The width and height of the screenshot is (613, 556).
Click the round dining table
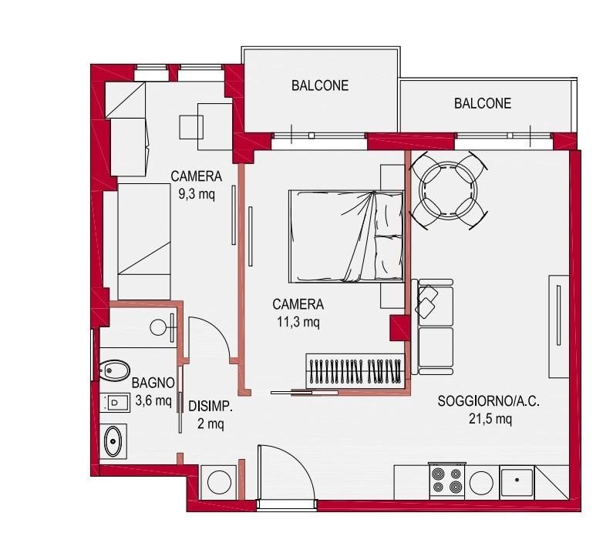[x=448, y=190]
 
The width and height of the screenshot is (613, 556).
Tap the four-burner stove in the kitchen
[x=447, y=481]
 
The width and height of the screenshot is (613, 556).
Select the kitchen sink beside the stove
[x=517, y=482]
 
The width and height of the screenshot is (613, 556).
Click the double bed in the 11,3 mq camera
[x=346, y=236]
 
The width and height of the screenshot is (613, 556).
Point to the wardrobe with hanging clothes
[x=355, y=371]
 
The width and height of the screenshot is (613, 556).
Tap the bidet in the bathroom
[x=114, y=370]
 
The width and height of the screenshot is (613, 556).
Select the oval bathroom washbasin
[x=113, y=441]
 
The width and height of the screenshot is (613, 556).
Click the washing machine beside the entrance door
[x=219, y=482]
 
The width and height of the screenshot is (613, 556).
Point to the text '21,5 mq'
[x=490, y=419]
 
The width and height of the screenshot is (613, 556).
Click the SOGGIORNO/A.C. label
[x=488, y=401]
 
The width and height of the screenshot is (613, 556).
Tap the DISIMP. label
[x=211, y=407]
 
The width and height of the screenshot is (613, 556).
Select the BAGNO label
[x=153, y=383]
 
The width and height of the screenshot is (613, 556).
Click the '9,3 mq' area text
[x=197, y=194]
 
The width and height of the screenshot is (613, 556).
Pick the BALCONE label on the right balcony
[x=483, y=103]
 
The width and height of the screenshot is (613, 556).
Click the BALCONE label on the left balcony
[x=320, y=85]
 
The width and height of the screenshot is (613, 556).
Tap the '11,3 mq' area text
[x=298, y=322]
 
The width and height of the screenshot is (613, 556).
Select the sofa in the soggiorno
[x=433, y=327]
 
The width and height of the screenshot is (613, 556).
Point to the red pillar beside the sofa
[x=399, y=327]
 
